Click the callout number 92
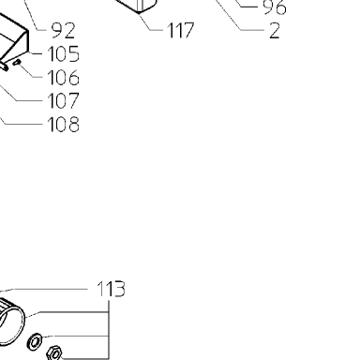[x=63, y=30]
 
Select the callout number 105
[x=64, y=53]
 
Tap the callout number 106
[x=64, y=77]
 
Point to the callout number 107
[x=64, y=100]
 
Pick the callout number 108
[x=64, y=124]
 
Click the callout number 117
[x=181, y=30]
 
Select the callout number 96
[x=275, y=7]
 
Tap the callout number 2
[x=275, y=31]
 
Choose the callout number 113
[x=112, y=289]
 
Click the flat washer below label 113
[x=35, y=341]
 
